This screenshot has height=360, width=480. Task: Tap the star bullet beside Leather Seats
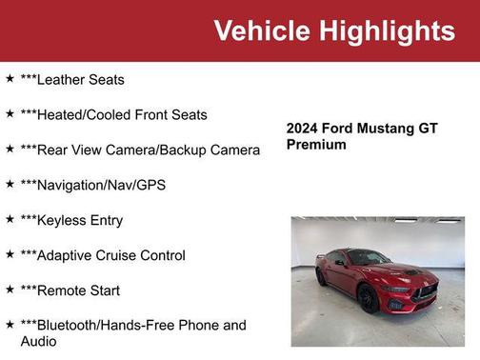[x=10, y=79]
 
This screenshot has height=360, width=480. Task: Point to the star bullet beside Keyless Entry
[x=10, y=219]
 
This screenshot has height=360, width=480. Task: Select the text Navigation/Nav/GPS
[x=100, y=185]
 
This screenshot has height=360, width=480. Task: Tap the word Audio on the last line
[x=39, y=341]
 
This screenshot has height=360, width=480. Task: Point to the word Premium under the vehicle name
[x=316, y=145]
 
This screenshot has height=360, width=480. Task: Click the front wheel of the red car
[x=369, y=297]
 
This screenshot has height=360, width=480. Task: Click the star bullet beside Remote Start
[x=10, y=290]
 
